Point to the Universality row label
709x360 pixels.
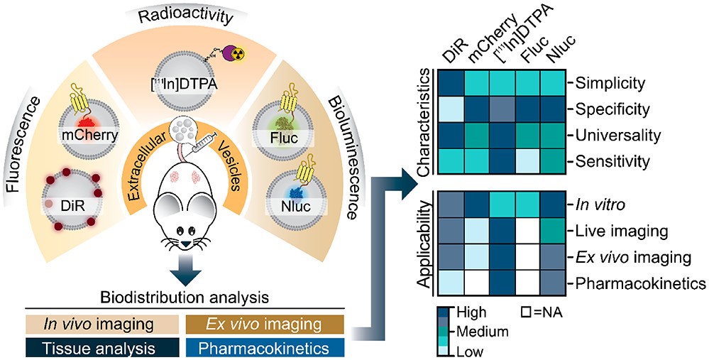point(617,135)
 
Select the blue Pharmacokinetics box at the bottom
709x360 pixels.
point(265,349)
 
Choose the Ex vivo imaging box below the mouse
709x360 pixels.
point(265,324)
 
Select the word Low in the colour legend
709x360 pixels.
point(471,351)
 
